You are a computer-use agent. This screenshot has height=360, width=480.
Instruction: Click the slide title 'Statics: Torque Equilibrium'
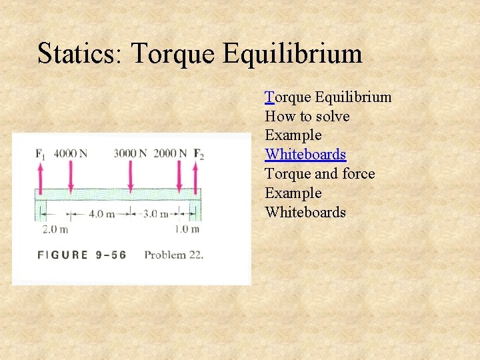pyautogui.click(x=199, y=53)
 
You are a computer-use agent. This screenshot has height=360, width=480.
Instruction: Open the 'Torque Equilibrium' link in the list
pyautogui.click(x=328, y=97)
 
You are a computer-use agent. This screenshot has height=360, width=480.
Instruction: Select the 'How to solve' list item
pyautogui.click(x=307, y=117)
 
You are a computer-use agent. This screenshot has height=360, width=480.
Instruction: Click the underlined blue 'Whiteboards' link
pyautogui.click(x=305, y=155)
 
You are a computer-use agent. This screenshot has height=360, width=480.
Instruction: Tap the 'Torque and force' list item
pyautogui.click(x=319, y=174)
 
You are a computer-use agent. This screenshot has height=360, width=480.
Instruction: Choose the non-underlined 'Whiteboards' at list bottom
pyautogui.click(x=305, y=213)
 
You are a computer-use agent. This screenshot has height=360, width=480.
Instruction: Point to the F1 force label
pyautogui.click(x=41, y=154)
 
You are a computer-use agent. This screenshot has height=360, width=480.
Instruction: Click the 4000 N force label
pyautogui.click(x=71, y=153)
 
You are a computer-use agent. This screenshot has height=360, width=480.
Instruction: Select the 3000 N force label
pyautogui.click(x=130, y=153)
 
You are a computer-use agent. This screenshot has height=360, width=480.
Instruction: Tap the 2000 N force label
pyautogui.click(x=170, y=153)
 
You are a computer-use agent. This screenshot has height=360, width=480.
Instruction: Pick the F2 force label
pyautogui.click(x=199, y=154)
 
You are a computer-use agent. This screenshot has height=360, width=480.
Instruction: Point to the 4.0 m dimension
pyautogui.click(x=102, y=214)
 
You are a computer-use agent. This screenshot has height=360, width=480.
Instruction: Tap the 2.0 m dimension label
pyautogui.click(x=55, y=229)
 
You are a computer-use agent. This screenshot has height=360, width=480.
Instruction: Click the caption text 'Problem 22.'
pyautogui.click(x=173, y=255)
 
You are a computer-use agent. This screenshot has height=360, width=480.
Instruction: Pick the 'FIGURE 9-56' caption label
pyautogui.click(x=82, y=255)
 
